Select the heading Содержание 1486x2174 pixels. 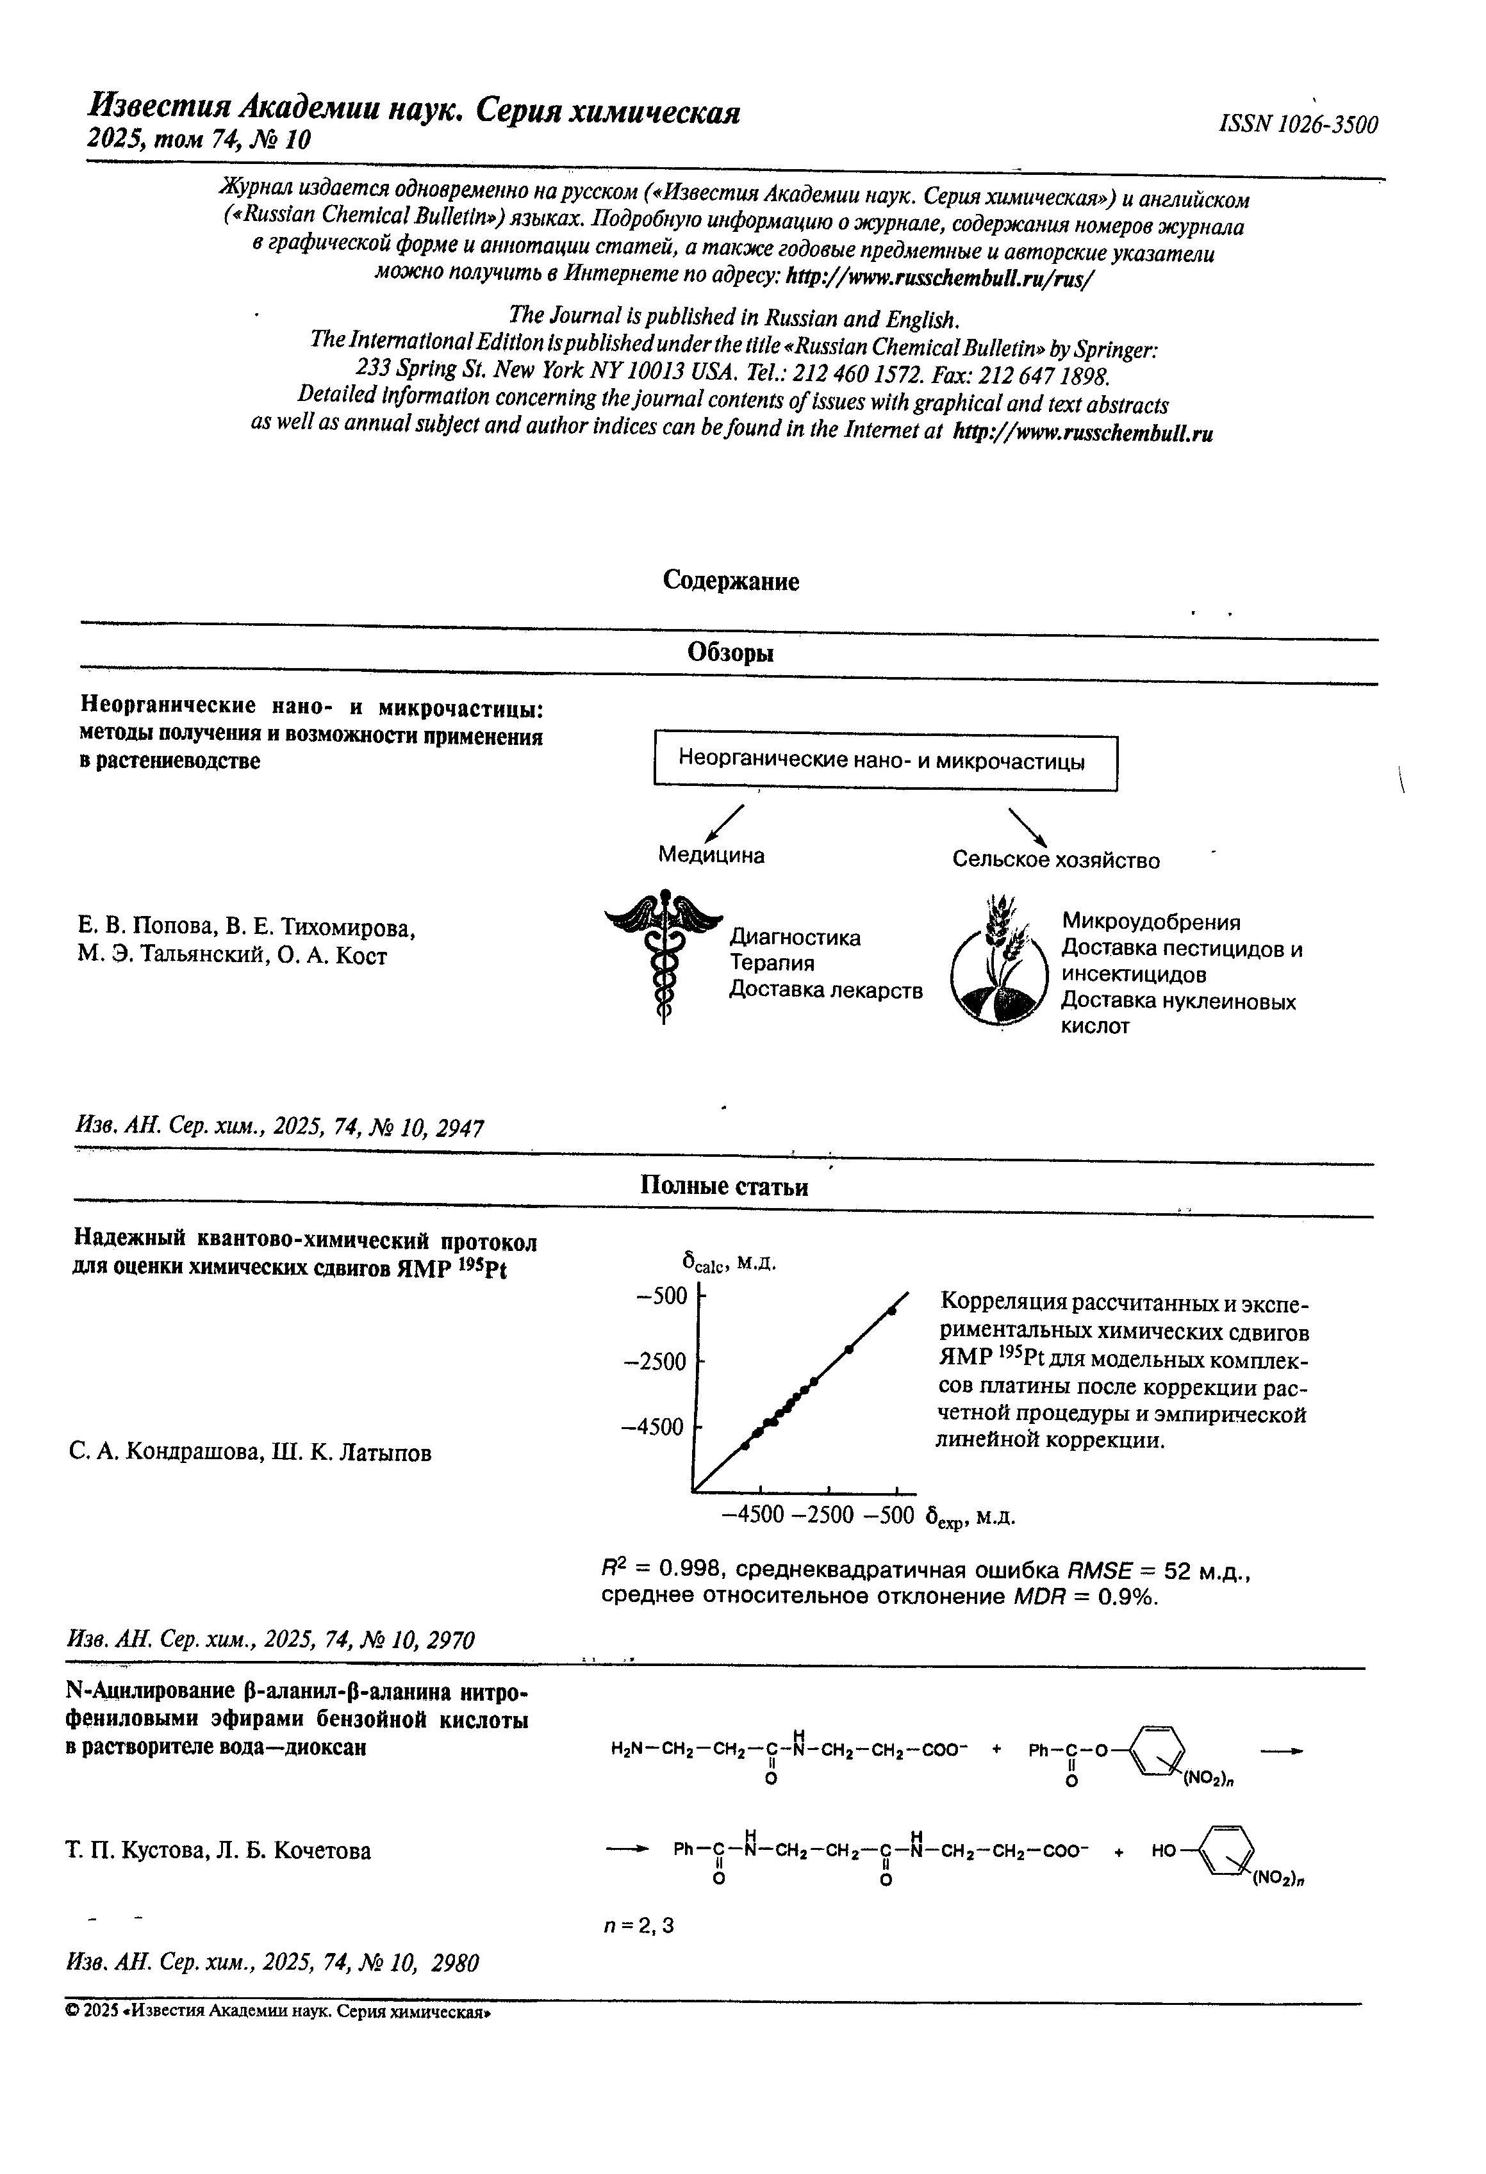tap(731, 581)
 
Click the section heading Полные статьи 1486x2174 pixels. tap(723, 1186)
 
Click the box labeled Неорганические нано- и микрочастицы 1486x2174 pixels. tap(884, 762)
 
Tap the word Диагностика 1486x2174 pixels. tap(795, 937)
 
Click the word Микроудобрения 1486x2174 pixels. tap(1151, 922)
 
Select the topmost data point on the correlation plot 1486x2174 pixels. tap(892, 1311)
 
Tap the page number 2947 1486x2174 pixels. tap(459, 1128)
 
